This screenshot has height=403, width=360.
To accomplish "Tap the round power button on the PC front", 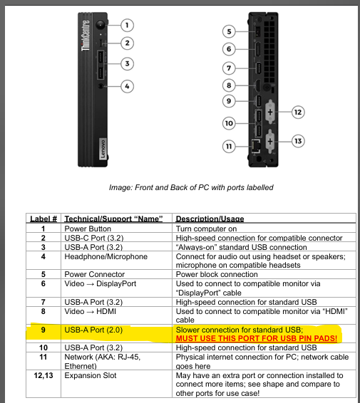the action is [x=101, y=25].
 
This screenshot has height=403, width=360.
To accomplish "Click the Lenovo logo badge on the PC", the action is [x=103, y=149].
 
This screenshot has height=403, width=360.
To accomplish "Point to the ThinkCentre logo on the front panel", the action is [x=86, y=36].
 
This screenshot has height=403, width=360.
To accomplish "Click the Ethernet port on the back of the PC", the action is [x=255, y=146].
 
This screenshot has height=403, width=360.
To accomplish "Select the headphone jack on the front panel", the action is [x=101, y=86].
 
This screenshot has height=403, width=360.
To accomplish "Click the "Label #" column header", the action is [x=43, y=219].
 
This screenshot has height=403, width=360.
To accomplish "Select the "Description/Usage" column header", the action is [x=210, y=219].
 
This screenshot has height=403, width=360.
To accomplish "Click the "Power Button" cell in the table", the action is [x=88, y=229].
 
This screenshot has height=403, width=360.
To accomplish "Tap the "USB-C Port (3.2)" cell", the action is [x=94, y=238].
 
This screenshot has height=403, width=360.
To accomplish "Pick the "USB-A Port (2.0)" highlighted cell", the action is [x=93, y=330].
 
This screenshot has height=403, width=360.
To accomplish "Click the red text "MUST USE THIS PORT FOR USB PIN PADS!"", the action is [x=257, y=338].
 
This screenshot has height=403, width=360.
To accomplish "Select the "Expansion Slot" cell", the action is [x=91, y=375].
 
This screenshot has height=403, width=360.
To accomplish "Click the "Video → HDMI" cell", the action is [x=91, y=311].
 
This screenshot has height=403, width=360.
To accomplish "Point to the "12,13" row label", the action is [x=43, y=375].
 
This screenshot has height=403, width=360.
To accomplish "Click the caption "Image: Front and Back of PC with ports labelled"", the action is [x=191, y=187].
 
